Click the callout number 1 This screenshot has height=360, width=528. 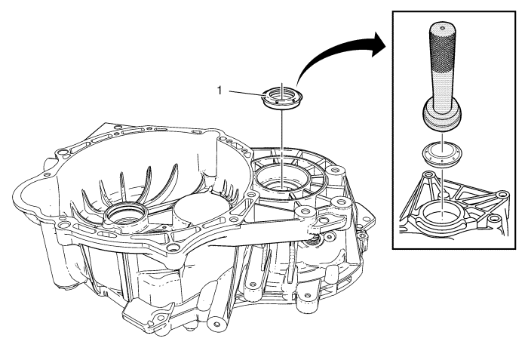click(219, 90)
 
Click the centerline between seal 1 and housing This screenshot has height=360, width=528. click(281, 143)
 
